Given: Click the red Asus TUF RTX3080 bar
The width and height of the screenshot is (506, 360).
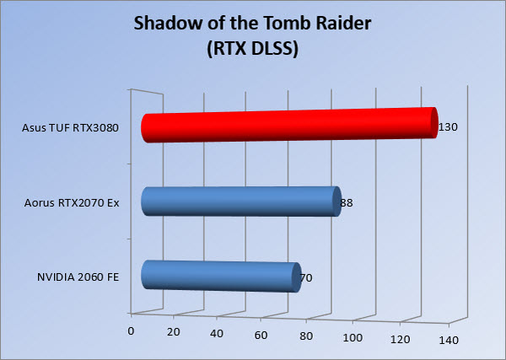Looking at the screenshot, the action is click(x=289, y=125).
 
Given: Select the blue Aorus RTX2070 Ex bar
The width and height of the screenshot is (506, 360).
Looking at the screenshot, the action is click(x=241, y=201).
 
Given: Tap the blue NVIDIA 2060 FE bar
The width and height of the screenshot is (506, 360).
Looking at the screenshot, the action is click(x=221, y=277).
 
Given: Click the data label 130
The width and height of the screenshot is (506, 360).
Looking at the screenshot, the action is click(x=448, y=127).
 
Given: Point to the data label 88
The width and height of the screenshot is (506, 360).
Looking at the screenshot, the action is click(x=347, y=203).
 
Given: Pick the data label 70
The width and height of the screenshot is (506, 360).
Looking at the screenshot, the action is click(x=306, y=278).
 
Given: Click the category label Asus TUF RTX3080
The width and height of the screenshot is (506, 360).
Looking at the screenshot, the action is click(x=70, y=128).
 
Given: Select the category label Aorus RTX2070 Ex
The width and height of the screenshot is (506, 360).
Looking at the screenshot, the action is click(x=72, y=203).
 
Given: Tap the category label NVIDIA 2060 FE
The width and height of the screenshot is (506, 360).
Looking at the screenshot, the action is click(x=78, y=277).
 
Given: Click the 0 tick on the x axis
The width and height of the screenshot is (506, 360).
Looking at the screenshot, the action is click(x=131, y=331).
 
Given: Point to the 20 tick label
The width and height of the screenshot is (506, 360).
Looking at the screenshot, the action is click(x=174, y=332).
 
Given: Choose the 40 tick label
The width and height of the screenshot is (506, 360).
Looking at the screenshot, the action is click(x=217, y=334).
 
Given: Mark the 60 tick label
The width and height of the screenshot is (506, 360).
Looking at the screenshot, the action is click(x=261, y=336).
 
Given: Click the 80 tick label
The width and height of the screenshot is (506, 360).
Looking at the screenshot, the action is click(x=306, y=336).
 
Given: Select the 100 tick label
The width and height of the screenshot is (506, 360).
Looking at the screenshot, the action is click(x=353, y=338).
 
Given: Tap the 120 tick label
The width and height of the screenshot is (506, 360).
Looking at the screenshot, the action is click(x=400, y=340).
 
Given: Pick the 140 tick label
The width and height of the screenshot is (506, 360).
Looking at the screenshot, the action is click(x=449, y=341).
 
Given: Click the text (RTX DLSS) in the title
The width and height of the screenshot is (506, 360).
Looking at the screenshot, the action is click(x=253, y=49).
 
